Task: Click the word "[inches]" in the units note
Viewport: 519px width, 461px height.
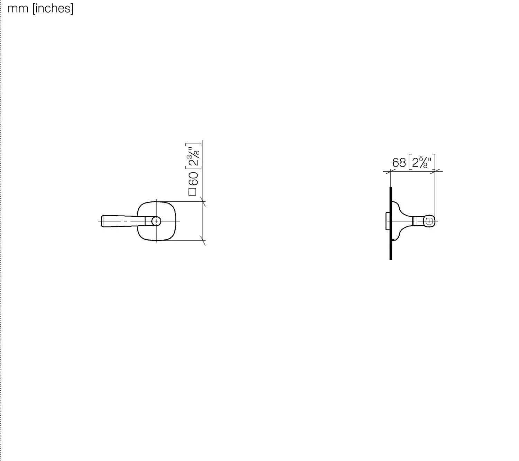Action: (x=53, y=9)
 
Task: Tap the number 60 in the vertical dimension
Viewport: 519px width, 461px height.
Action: (x=193, y=179)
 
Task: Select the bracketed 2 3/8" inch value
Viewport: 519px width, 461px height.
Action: (x=194, y=156)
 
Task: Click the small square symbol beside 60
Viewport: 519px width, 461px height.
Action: (x=192, y=192)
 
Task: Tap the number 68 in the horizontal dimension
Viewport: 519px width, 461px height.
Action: (x=399, y=163)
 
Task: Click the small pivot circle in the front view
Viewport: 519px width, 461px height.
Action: (x=156, y=221)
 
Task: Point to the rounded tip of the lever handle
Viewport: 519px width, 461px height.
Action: (x=102, y=221)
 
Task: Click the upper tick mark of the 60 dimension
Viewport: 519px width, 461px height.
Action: (x=203, y=201)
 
